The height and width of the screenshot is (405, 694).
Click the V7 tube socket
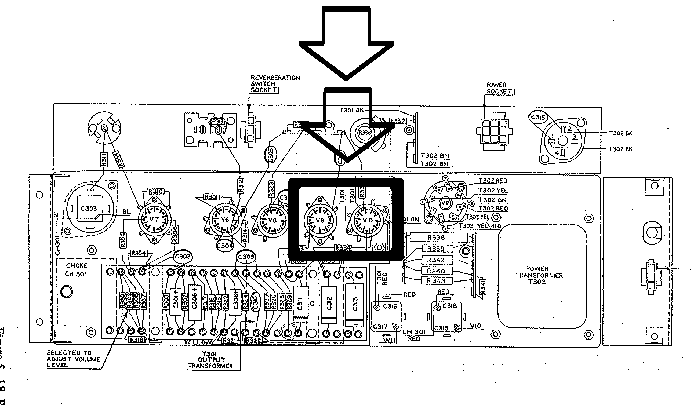[x=154, y=220]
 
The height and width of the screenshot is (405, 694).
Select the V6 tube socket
[x=225, y=220]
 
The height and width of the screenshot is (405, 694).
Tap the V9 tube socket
[x=320, y=220]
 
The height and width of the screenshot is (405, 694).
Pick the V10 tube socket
[x=367, y=220]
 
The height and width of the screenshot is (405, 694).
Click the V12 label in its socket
[x=445, y=203]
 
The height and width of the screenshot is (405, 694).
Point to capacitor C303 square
[x=89, y=209]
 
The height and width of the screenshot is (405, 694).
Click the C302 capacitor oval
[x=183, y=257]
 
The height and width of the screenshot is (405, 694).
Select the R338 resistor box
[x=436, y=237]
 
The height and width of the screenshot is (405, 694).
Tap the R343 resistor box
[x=436, y=281]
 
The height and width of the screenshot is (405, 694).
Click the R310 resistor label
[x=156, y=191]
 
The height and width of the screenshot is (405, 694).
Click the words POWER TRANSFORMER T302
[x=539, y=275]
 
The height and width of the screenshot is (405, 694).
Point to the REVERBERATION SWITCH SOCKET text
[x=275, y=84]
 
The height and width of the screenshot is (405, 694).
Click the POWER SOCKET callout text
[x=500, y=88]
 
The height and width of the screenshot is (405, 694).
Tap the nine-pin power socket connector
[x=494, y=131]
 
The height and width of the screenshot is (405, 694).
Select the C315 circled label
[x=538, y=118]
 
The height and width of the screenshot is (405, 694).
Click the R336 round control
[x=364, y=133]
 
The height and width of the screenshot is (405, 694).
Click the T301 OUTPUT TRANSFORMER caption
[x=210, y=360]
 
